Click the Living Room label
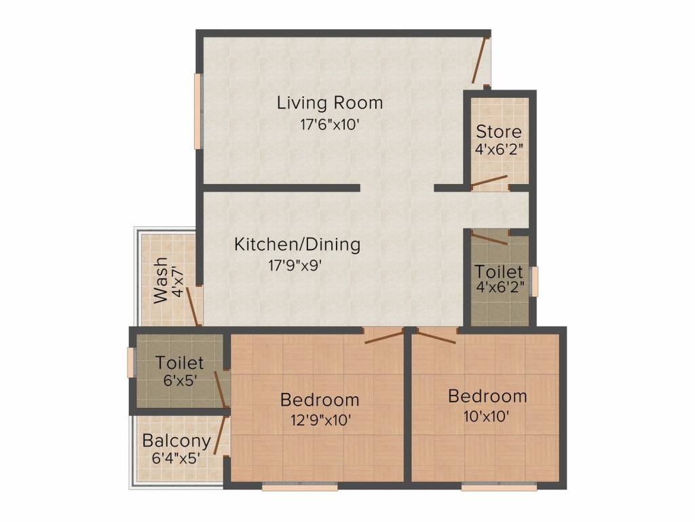330,103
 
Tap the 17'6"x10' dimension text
329,124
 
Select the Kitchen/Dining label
297,245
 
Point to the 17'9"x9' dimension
295,266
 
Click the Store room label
499,131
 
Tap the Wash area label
160,281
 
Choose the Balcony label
176,441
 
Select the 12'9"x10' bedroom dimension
321,419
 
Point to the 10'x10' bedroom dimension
486,417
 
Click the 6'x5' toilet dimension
180,381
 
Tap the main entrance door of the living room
481,60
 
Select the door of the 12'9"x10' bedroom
383,336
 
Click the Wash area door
193,307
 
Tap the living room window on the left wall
198,111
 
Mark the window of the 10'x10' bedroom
499,487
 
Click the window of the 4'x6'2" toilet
535,281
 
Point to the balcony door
221,435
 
